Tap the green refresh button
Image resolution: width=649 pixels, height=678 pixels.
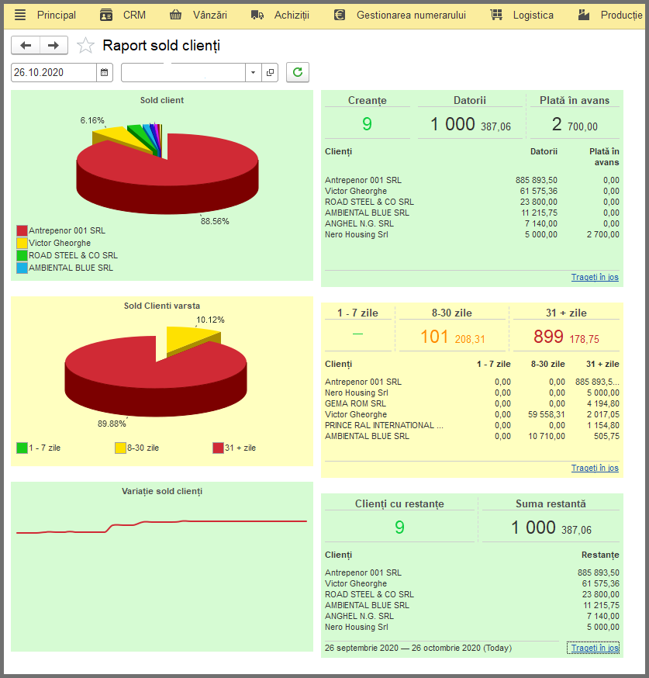[x=298, y=72]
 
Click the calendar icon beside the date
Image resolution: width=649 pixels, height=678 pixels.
[x=104, y=72]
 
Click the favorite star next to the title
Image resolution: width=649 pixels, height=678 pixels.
[x=85, y=46]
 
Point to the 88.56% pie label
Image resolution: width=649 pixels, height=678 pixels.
[x=215, y=221]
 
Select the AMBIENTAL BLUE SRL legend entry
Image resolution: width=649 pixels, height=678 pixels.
[x=65, y=268]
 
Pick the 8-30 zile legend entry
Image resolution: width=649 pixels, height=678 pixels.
[x=137, y=448]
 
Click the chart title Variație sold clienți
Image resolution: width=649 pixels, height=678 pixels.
[x=162, y=491]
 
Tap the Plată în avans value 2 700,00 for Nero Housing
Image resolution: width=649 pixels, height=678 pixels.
[x=602, y=234]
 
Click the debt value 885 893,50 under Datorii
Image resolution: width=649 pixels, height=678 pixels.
[x=537, y=180]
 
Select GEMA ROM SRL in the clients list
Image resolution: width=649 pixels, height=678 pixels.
[x=355, y=403]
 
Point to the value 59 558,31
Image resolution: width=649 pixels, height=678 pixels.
[x=546, y=414]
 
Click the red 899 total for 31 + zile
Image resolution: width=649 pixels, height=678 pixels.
[x=548, y=337]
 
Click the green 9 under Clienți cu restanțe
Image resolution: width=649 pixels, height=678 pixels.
[x=399, y=527]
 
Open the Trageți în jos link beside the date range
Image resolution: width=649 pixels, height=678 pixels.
[x=595, y=648]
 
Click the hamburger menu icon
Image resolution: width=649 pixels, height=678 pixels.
[x=20, y=16]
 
